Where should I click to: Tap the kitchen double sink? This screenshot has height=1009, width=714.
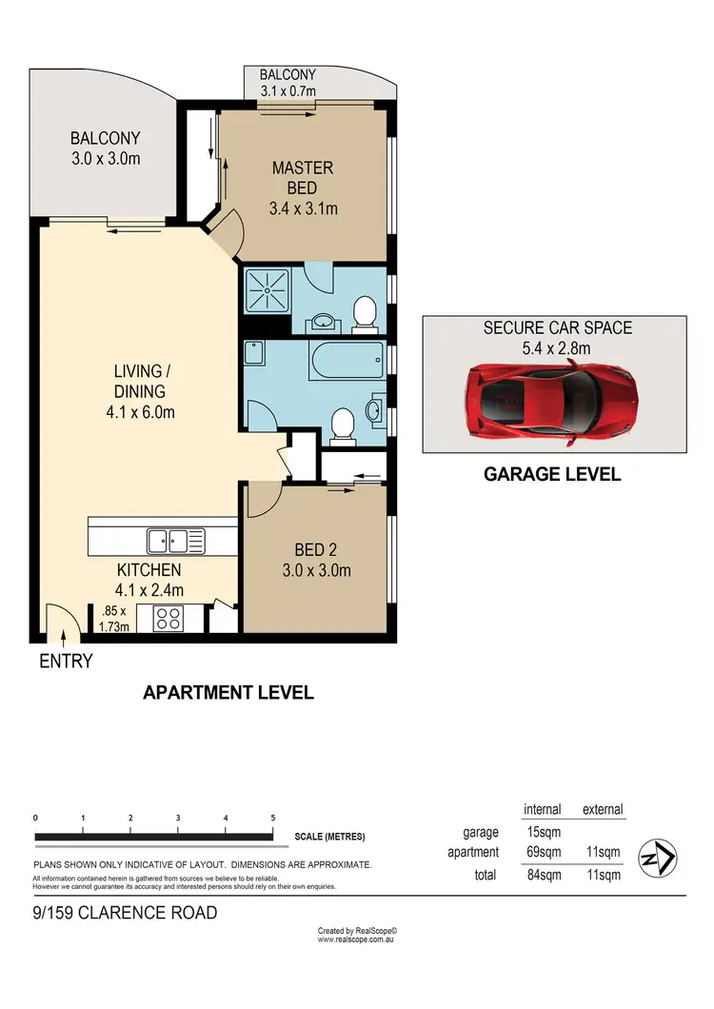(175, 542)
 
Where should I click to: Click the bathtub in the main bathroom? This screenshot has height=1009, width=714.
(347, 362)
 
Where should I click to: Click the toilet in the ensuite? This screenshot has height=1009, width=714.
(364, 312)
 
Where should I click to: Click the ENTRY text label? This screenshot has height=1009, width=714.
(66, 662)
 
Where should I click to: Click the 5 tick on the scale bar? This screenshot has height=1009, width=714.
(273, 818)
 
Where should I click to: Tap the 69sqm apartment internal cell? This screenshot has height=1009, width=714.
(543, 852)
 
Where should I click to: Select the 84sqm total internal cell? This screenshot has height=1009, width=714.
(543, 874)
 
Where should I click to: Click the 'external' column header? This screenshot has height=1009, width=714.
(602, 809)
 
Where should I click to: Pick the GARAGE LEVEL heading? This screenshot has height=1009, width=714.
(553, 474)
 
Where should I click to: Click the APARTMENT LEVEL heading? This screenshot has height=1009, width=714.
(228, 692)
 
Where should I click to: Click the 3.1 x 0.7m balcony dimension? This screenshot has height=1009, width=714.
(288, 90)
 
